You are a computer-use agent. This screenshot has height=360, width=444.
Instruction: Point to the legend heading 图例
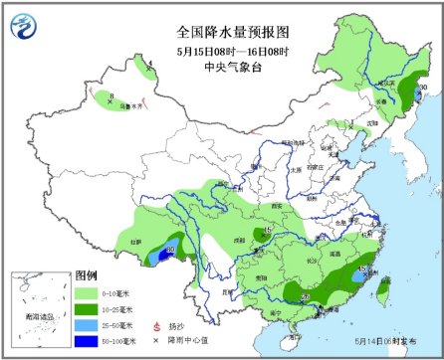pos(87,275)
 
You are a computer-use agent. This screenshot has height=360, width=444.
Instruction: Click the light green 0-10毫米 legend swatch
pos(90,292)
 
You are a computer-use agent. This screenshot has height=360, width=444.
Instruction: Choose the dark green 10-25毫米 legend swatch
pos(90,308)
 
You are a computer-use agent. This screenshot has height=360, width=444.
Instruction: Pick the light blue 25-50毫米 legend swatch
pos(90,325)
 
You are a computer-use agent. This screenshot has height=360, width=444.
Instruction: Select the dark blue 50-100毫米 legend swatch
pos(90,341)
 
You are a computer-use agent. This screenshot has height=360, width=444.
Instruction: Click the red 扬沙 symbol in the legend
pos(155,325)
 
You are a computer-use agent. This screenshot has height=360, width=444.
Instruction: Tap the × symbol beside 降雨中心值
pos(155,341)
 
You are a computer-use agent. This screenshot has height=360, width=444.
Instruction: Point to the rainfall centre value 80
pos(170,251)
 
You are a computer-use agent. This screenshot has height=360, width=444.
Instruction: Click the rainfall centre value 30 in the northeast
pos(422,90)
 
